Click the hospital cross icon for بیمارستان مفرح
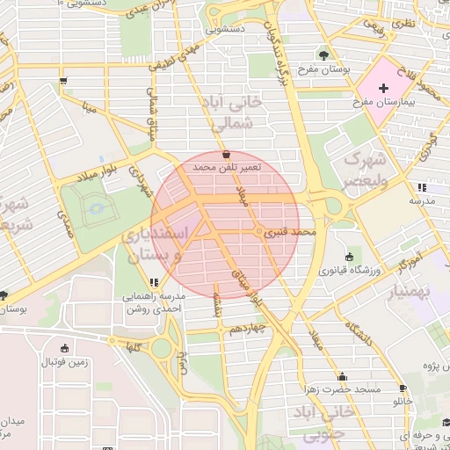coord(383,89)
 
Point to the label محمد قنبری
coord(293,233)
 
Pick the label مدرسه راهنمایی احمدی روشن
coord(154,303)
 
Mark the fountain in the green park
coord(96,207)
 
